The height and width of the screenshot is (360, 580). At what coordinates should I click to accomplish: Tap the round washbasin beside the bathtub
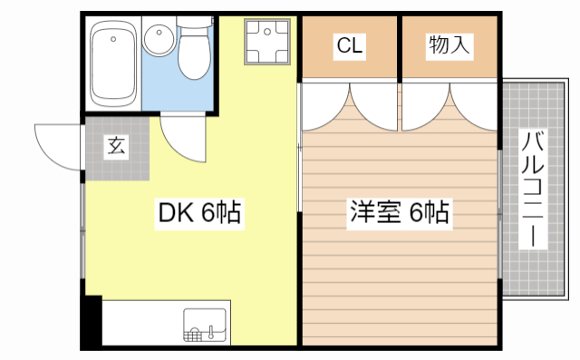pyautogui.click(x=159, y=39)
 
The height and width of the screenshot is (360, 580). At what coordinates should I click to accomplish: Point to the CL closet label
pyautogui.click(x=350, y=46)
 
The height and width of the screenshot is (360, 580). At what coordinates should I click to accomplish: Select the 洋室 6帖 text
pyautogui.click(x=400, y=214)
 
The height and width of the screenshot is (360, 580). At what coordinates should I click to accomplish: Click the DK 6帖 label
pyautogui.click(x=199, y=214)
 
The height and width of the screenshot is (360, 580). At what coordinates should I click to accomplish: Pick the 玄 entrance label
pyautogui.click(x=116, y=145)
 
